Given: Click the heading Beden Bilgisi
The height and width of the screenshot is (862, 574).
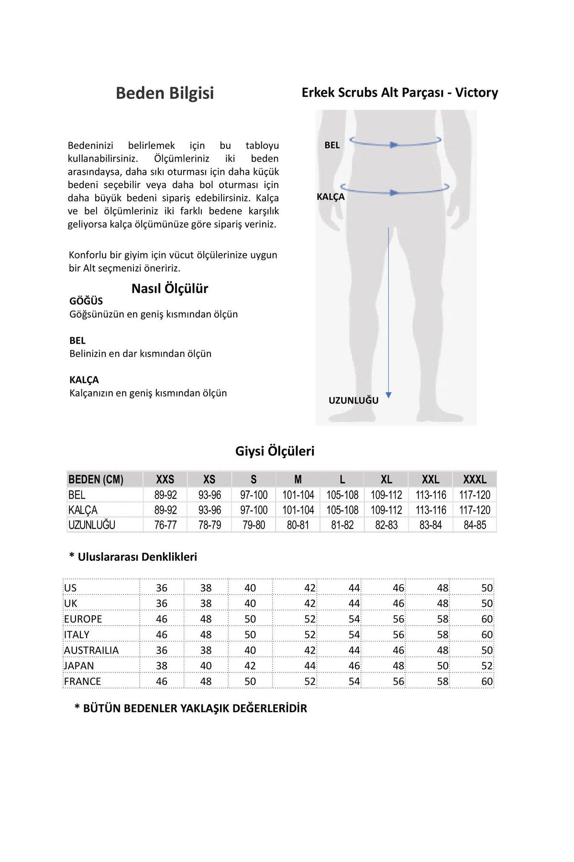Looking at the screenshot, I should [x=165, y=93].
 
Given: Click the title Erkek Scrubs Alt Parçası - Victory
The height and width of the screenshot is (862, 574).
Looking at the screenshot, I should [x=400, y=92].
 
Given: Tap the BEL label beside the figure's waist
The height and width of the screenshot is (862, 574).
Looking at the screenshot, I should [x=332, y=145].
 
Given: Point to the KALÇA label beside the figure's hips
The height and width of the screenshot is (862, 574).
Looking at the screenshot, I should [x=331, y=197].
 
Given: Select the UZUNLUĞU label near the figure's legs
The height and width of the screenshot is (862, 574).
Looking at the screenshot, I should [x=353, y=401].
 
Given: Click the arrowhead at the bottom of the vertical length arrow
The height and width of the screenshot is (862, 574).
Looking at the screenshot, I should [x=388, y=395].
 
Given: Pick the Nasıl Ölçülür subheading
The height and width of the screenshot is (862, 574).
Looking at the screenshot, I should [x=170, y=289].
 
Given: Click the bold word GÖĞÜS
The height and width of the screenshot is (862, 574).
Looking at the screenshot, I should [x=86, y=301].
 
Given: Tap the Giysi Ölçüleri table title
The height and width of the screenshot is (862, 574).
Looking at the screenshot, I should [x=275, y=451].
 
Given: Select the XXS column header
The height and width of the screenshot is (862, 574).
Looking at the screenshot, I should [x=165, y=479].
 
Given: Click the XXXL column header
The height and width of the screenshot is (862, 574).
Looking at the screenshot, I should [x=475, y=479].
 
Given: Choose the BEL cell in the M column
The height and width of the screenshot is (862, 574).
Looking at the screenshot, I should [x=298, y=495].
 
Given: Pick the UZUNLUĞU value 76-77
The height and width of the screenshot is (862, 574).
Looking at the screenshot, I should [x=166, y=525].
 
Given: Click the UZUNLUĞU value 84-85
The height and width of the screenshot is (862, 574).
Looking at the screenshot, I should [x=475, y=525].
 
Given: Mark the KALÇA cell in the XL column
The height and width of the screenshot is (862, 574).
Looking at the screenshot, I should [x=386, y=510].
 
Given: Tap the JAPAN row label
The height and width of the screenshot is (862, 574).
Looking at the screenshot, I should [x=79, y=666].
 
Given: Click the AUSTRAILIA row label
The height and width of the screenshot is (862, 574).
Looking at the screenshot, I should [x=91, y=650].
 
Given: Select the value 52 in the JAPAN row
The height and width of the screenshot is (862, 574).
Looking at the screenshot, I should [x=487, y=666].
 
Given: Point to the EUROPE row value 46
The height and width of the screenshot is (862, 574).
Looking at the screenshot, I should [x=162, y=619].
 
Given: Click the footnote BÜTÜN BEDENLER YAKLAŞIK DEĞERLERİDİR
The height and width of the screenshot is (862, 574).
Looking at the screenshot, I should [x=191, y=708].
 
